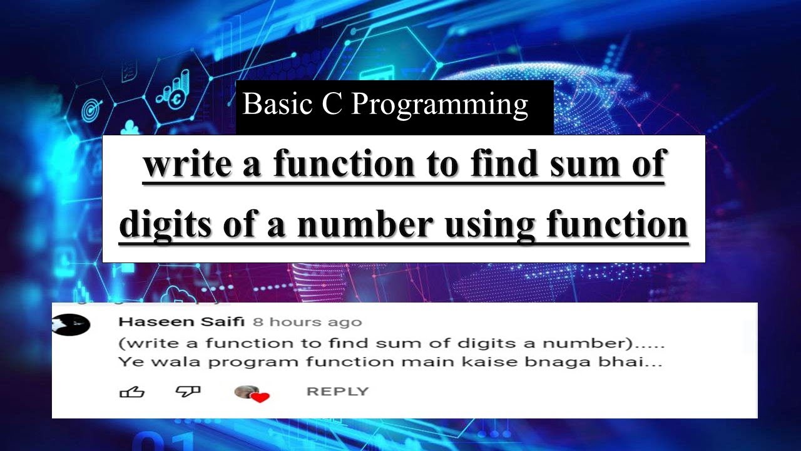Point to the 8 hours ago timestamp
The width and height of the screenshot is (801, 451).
pyautogui.click(x=307, y=323)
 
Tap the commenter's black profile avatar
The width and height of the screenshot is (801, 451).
pyautogui.click(x=71, y=324)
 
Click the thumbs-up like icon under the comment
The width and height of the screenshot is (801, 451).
pyautogui.click(x=131, y=392)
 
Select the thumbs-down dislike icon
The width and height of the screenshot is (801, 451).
pyautogui.click(x=188, y=392)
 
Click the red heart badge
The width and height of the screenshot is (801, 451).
pyautogui.click(x=260, y=397)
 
